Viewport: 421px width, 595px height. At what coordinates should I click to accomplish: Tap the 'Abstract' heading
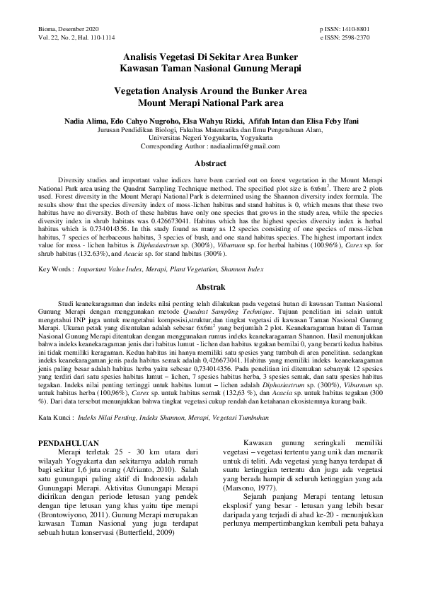tap(209, 164)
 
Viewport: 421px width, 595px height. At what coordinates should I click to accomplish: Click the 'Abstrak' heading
tap(209, 287)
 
